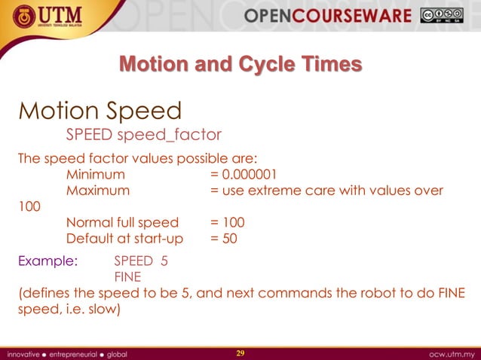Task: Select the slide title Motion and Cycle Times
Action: (x=240, y=64)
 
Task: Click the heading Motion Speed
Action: (x=100, y=111)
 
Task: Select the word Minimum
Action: (x=96, y=175)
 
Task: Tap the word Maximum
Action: (x=97, y=191)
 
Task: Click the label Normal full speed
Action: (x=122, y=222)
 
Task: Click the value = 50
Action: (x=224, y=239)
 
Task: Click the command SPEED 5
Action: (x=140, y=261)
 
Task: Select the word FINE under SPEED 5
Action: (x=127, y=276)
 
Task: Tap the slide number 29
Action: (x=240, y=352)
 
